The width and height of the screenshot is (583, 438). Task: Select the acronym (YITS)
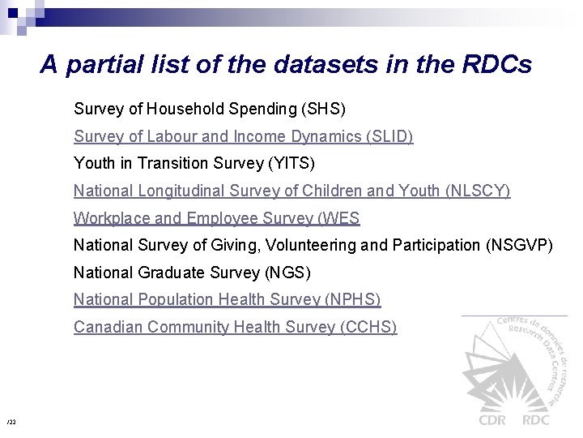pyautogui.click(x=291, y=164)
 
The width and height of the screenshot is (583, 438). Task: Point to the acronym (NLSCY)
pyautogui.click(x=478, y=191)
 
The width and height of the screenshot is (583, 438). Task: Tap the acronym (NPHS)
pyautogui.click(x=352, y=300)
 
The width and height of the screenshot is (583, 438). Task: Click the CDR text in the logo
pyautogui.click(x=493, y=419)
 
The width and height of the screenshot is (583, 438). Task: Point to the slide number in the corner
pyautogui.click(x=11, y=423)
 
